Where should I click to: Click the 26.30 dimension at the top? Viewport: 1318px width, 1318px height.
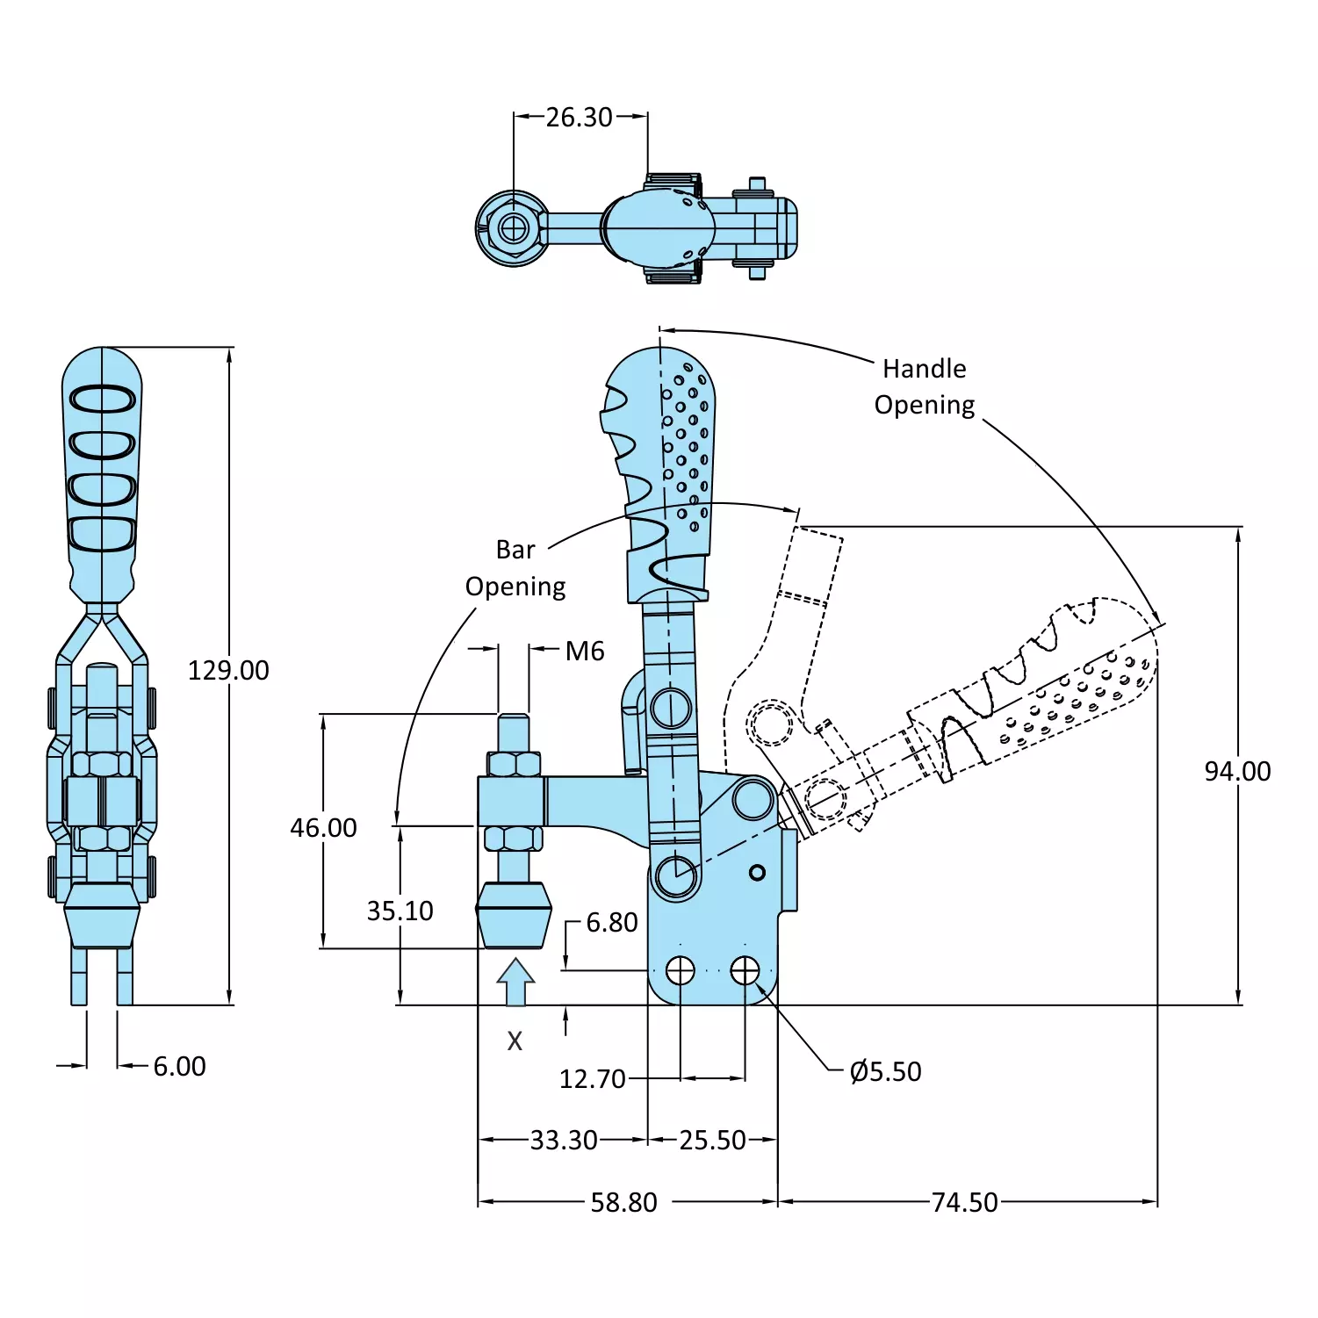coord(579,117)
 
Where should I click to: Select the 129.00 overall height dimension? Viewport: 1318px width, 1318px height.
coord(228,670)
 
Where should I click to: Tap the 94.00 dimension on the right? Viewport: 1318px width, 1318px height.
coord(1237,771)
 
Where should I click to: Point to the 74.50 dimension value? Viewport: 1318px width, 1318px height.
coord(964,1202)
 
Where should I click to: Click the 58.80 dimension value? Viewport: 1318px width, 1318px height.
coord(623,1202)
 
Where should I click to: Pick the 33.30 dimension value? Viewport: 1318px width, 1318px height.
coord(564,1140)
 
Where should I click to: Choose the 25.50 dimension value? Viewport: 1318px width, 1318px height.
coord(712,1140)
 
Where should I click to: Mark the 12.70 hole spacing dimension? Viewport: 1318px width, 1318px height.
coord(593,1078)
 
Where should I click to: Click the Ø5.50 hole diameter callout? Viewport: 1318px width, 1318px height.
coord(885,1071)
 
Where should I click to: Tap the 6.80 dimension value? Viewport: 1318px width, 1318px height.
coord(612,922)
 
